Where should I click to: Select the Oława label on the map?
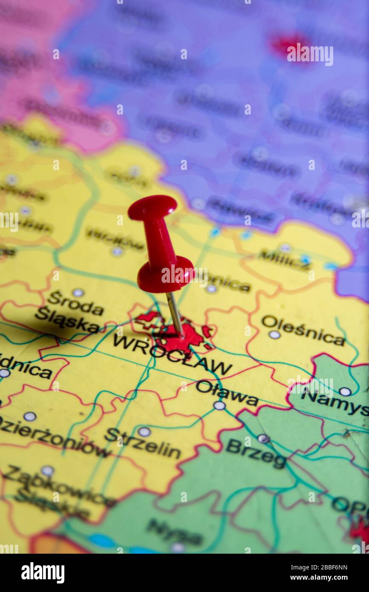coord(227,393)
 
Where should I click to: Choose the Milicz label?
coord(285,259)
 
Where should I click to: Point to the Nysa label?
coord(175,532)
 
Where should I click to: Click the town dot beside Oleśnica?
coord(274,334)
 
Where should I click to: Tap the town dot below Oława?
coord(219,405)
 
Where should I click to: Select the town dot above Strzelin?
coord(144,431)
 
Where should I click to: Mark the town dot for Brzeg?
coord(263,438)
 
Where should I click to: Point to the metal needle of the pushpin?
coord(175,314)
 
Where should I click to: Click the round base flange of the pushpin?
coord(165,275)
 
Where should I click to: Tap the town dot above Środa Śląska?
coord(78,292)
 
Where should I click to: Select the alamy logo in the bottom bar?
coord(43,573)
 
